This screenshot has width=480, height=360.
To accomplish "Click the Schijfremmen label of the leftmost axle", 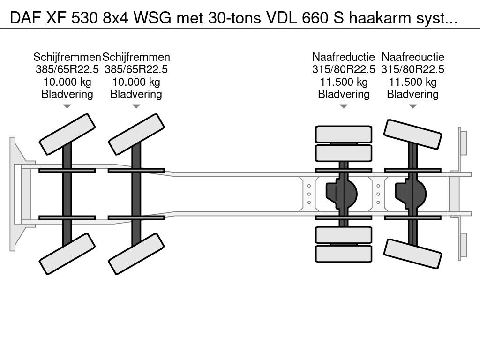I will [x=67, y=57].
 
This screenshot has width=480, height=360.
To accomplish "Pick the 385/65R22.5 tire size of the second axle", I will [x=136, y=69].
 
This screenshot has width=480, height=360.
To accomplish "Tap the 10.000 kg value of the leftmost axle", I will [x=67, y=82].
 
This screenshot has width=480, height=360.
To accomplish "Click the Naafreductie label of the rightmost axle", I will [x=412, y=57].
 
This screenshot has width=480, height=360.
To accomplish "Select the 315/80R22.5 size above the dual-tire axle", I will [x=344, y=69].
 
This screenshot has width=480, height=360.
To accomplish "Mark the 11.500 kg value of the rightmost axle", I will [x=412, y=82].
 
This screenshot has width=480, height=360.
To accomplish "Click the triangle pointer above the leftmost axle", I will [x=67, y=106].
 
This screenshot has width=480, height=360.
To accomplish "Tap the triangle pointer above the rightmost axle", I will [x=412, y=106].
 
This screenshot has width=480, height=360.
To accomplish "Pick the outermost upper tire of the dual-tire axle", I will [x=344, y=134].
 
